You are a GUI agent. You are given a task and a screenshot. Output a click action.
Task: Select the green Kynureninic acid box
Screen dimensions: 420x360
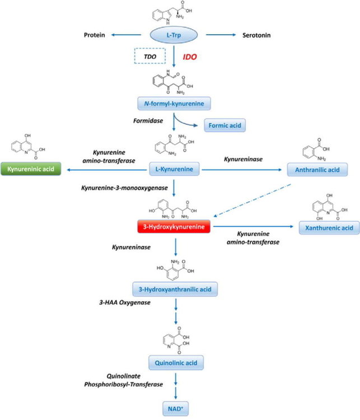pyautogui.click(x=31, y=168)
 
